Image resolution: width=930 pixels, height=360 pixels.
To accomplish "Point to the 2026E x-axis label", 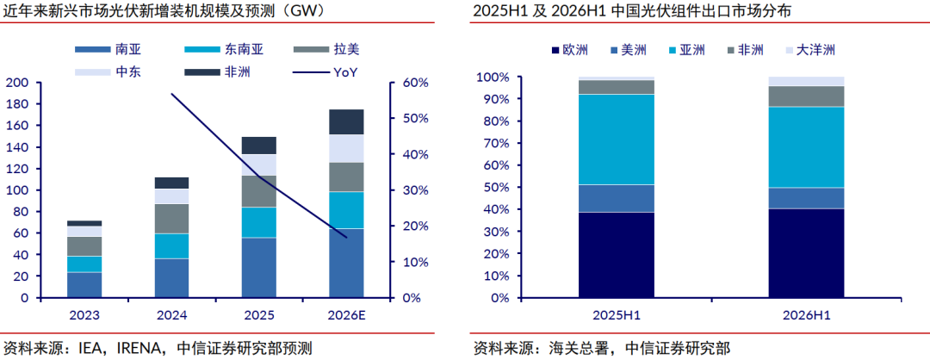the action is [x=346, y=315].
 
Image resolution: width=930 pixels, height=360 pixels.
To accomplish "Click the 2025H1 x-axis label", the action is [x=616, y=315].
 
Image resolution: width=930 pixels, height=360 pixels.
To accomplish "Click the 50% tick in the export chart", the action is [x=496, y=188].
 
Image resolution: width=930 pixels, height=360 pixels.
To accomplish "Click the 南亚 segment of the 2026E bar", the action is [x=346, y=263].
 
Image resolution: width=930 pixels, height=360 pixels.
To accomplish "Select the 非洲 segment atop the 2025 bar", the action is [x=258, y=146].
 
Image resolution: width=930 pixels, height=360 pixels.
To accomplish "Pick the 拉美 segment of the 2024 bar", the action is [x=171, y=219].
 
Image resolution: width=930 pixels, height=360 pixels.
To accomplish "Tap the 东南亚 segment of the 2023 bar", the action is [x=84, y=264].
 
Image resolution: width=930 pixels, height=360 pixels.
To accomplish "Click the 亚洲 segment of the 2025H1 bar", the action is [x=617, y=140].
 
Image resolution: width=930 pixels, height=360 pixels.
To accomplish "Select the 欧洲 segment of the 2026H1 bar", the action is [x=806, y=253].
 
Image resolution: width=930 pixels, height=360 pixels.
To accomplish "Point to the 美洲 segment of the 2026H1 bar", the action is [x=806, y=198].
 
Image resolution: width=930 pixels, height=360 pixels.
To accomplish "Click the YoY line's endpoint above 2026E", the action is [x=346, y=237].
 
